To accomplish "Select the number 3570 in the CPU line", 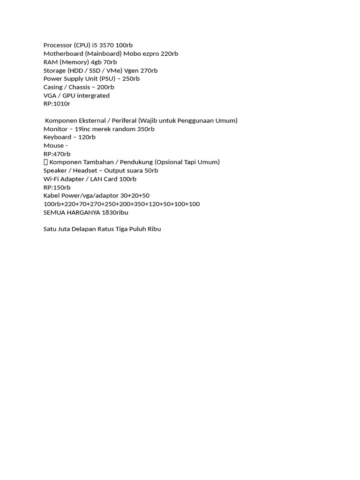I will [x=106, y=45].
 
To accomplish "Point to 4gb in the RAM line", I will [x=96, y=62].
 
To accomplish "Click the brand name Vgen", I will [x=131, y=70].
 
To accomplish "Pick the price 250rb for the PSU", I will [x=130, y=79].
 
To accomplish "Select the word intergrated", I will [x=93, y=96].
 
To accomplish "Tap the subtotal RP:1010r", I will [x=57, y=104].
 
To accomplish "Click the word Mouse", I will [x=53, y=145].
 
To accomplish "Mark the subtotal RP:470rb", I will [x=57, y=154].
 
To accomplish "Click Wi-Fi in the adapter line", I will [x=51, y=179].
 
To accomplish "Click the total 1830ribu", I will [x=115, y=212].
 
